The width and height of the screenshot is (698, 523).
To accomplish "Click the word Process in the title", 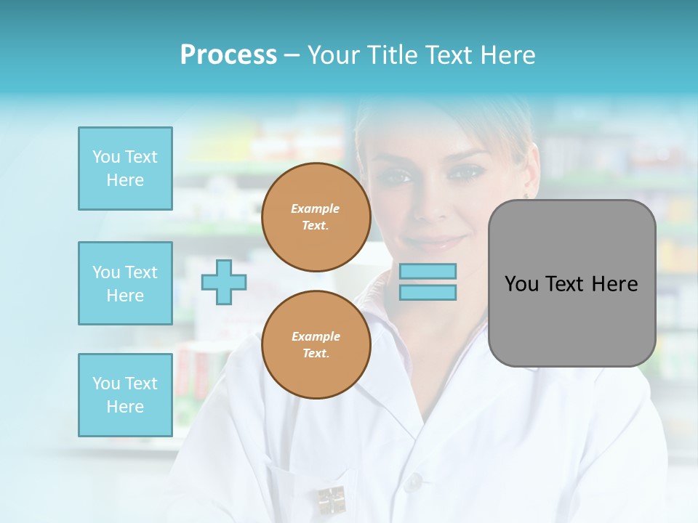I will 228,55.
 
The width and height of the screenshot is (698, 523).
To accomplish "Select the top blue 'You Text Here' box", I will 125,169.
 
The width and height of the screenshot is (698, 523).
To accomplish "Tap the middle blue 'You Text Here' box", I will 125,283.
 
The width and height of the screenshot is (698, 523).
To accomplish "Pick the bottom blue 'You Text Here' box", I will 125,395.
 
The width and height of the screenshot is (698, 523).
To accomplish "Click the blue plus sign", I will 224,282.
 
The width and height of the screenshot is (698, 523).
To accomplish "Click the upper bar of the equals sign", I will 428,272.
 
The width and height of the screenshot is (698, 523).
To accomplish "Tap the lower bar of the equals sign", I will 428,292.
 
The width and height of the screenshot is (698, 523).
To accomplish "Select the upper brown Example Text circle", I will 316,216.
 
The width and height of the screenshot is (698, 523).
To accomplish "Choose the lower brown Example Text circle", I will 316,344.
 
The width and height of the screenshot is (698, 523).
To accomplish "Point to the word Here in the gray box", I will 614,284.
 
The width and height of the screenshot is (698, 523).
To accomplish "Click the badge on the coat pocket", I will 332,500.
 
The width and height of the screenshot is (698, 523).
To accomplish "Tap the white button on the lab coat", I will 414,480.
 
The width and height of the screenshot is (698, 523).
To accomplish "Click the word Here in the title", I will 507,55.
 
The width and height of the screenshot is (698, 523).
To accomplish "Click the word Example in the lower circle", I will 316,336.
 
